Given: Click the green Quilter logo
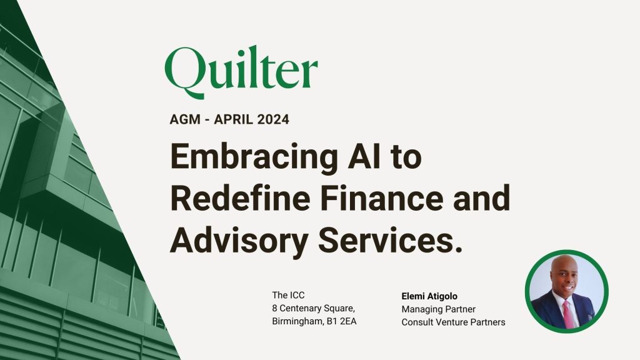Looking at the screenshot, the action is click(x=241, y=72).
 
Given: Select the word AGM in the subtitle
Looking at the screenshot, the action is click(x=185, y=119).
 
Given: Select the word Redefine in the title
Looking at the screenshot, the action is click(x=240, y=197).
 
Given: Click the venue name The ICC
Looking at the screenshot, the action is click(x=288, y=295).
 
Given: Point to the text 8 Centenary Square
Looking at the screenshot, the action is click(x=313, y=309).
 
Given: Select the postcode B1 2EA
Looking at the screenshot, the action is click(x=341, y=321).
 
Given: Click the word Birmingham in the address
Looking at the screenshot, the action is click(x=297, y=322).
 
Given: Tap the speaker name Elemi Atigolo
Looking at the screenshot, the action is click(x=429, y=296).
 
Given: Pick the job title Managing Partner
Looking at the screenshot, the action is click(x=438, y=309).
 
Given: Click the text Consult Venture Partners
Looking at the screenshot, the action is click(x=454, y=322).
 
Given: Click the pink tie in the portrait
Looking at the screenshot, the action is click(x=569, y=314).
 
